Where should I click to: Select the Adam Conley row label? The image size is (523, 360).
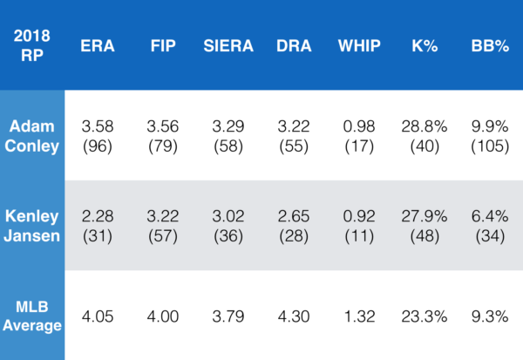click(31, 136)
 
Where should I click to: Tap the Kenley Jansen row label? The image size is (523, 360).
click(31, 225)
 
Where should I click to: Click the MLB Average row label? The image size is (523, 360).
click(31, 315)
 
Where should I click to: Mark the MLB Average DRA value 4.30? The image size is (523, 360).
click(295, 316)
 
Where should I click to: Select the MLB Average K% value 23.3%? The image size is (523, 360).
click(425, 316)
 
